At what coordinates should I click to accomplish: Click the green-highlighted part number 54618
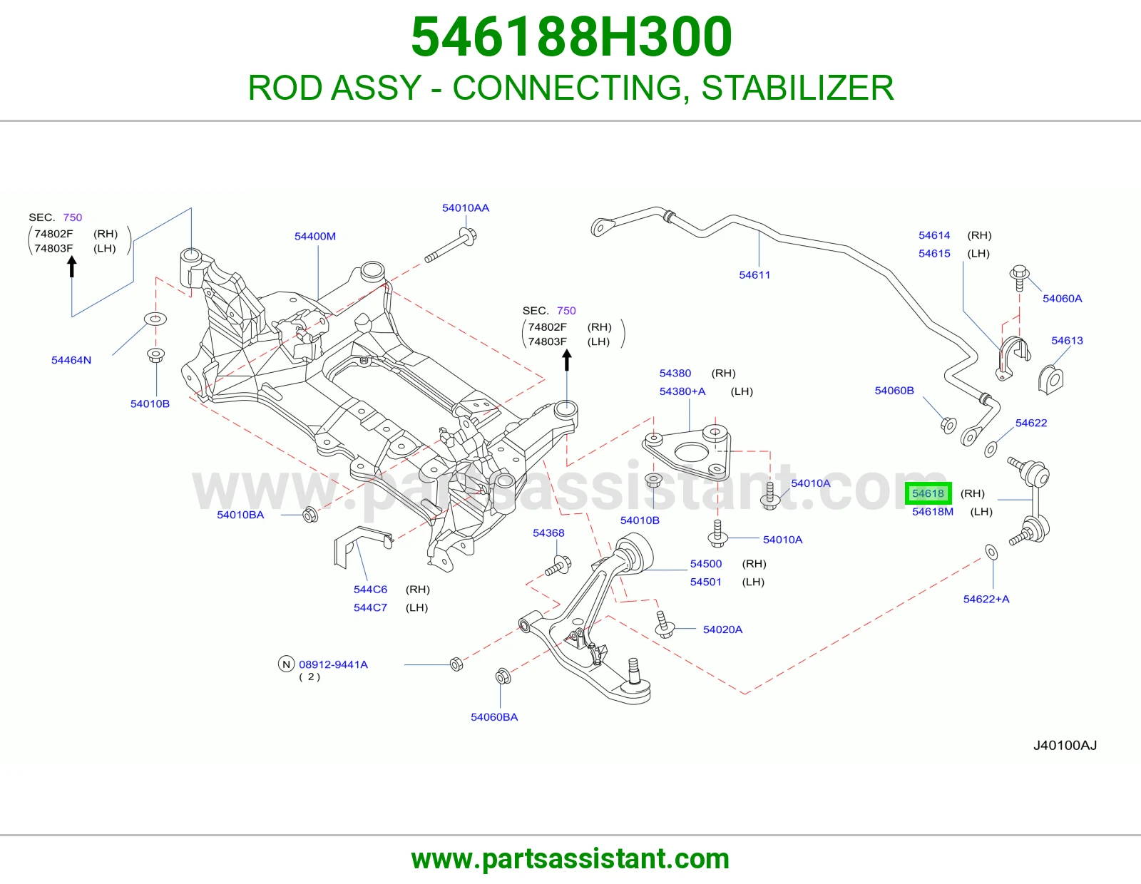(928, 493)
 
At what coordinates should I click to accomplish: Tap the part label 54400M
(315, 236)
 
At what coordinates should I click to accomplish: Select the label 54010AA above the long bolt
(465, 208)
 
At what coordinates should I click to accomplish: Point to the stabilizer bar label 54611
(754, 274)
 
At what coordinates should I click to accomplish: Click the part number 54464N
(71, 360)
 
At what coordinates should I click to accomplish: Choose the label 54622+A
(986, 599)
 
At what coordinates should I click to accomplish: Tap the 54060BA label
(494, 717)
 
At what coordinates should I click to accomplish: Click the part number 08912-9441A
(334, 664)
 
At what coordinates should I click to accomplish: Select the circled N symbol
(286, 664)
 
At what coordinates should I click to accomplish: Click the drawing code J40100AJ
(1065, 746)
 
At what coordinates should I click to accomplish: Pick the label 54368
(548, 533)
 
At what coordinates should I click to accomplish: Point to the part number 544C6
(370, 590)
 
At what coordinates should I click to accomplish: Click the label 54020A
(722, 629)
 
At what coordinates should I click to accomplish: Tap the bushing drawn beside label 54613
(1050, 379)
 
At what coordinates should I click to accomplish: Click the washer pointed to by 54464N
(155, 319)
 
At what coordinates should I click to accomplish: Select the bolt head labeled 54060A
(1019, 274)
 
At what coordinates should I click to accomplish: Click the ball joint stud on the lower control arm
(634, 670)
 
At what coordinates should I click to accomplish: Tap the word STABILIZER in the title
(797, 88)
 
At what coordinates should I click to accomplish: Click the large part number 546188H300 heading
(571, 37)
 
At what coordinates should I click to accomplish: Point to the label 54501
(706, 582)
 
